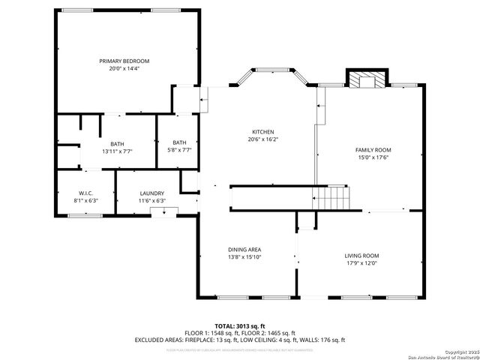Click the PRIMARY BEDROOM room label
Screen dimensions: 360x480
tap(124, 61)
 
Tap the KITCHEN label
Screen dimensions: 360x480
tap(262, 131)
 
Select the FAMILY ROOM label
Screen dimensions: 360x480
tap(373, 150)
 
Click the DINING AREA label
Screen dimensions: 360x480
tap(244, 250)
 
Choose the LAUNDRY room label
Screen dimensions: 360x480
tap(151, 193)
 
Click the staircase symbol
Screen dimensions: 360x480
tap(331, 198)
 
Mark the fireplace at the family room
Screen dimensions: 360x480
tap(367, 79)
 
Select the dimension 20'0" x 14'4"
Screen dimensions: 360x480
tap(124, 68)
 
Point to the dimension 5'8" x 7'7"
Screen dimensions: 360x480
tap(180, 150)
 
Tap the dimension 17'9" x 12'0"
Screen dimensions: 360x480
tap(361, 263)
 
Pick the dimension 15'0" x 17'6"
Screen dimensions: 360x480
tap(373, 157)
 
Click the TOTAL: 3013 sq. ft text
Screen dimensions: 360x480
tap(240, 326)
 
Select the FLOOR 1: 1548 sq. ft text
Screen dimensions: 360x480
tap(211, 333)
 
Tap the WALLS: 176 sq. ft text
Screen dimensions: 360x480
tap(321, 340)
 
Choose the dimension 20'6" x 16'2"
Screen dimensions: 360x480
tap(262, 139)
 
